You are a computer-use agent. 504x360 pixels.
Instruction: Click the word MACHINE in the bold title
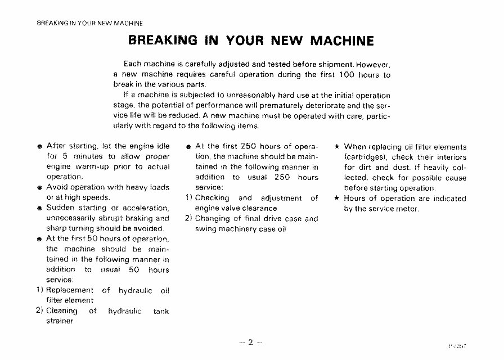coord(339,40)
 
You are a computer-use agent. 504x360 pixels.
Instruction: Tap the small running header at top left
coord(89,23)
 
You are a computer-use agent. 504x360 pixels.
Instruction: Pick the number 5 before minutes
coord(65,156)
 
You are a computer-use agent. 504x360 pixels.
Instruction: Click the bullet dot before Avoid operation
coord(40,188)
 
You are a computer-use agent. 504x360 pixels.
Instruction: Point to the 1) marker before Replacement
coord(40,290)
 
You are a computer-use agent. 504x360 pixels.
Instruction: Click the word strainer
coord(60,321)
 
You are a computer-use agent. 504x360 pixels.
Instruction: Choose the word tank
coord(160,310)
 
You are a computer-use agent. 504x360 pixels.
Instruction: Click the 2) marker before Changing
coord(189,218)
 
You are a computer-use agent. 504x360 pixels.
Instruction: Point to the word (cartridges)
coord(365,157)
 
